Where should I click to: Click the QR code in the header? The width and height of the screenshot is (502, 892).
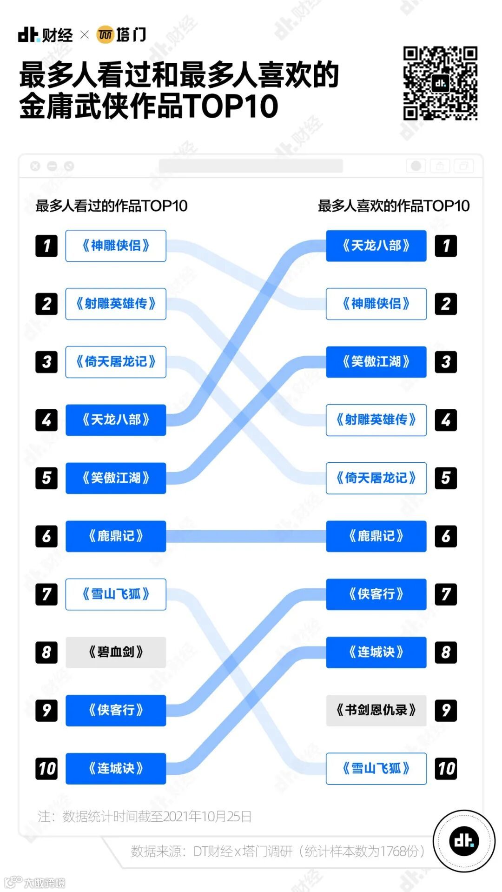coord(440,83)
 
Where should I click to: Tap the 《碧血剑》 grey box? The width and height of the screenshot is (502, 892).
coord(116,652)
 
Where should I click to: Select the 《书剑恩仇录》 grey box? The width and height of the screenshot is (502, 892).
coord(376,710)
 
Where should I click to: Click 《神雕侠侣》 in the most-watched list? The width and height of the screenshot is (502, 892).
coord(116,246)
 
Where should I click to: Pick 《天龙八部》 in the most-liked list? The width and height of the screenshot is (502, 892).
coord(376,246)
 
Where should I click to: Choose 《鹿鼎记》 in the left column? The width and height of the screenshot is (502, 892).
coord(116,536)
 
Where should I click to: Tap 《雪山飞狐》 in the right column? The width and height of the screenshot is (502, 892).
coord(376,768)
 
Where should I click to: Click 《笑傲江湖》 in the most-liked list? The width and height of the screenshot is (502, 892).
coord(376,362)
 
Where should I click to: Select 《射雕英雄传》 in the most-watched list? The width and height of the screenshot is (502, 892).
coord(116,304)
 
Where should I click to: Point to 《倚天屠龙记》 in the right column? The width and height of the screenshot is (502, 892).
coord(376,478)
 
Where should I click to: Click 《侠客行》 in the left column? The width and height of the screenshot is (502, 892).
coord(116,710)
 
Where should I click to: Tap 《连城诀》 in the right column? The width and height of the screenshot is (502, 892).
coord(376,652)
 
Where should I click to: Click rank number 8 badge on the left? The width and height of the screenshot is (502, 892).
coord(46,652)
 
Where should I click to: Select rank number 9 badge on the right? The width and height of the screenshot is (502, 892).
coord(446,710)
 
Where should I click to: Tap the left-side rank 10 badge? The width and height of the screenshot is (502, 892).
coord(46,768)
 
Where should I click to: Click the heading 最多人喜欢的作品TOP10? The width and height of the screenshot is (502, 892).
coord(394,206)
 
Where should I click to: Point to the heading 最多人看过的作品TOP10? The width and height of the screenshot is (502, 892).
coord(112,206)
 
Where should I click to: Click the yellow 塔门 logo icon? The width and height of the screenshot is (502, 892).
coord(105,35)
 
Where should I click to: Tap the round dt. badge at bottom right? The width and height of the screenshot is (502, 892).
coord(464,841)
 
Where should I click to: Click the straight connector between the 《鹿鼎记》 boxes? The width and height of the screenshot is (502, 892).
coord(246,536)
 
